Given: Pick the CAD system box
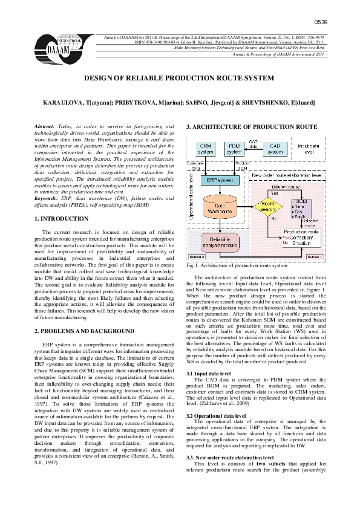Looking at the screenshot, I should (x=275, y=149).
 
